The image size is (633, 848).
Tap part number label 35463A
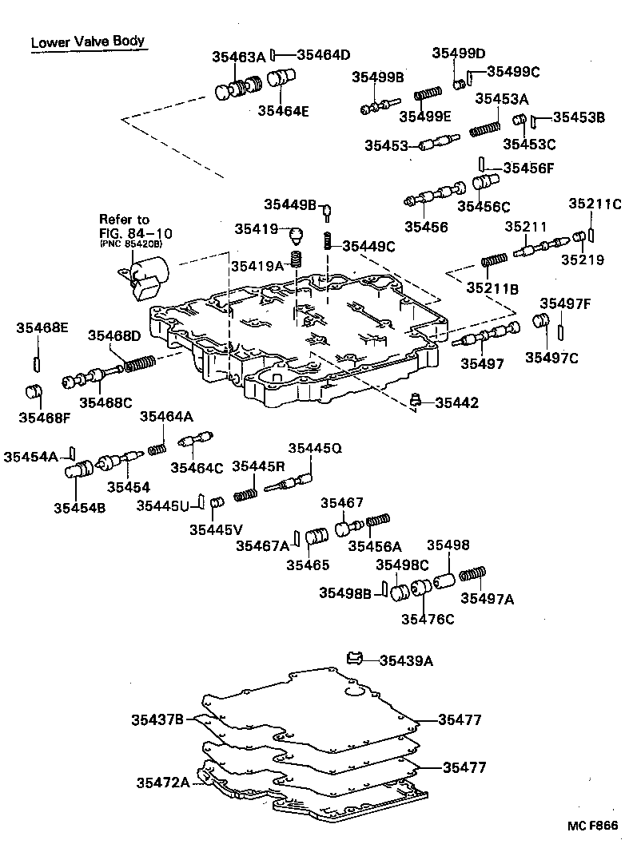(238, 57)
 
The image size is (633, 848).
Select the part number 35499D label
(459, 53)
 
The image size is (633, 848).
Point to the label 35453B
(579, 117)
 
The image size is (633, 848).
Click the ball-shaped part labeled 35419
(296, 235)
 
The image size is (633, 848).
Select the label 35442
(457, 402)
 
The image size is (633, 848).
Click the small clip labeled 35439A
(356, 658)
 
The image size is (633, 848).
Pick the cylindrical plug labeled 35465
(317, 537)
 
